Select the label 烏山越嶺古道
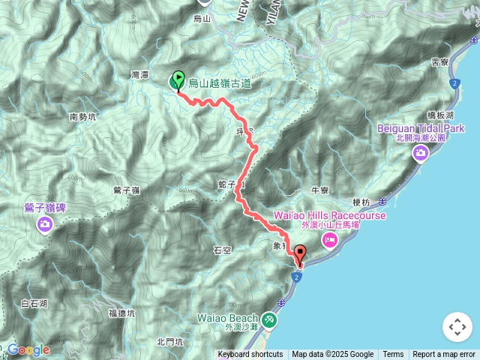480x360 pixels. coord(219,83)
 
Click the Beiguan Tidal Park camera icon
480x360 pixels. coord(421,153)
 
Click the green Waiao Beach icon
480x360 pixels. coord(269,321)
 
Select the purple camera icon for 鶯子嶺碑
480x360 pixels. coord(45,223)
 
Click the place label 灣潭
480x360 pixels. coord(140,76)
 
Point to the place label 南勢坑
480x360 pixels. coord(82,117)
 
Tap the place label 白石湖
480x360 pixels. coord(34,304)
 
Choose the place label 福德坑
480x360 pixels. coord(121,313)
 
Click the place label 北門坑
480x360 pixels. coord(169,342)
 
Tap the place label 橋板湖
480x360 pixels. coord(440,115)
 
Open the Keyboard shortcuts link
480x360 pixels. coord(250,355)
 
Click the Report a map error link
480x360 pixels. coord(443,355)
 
